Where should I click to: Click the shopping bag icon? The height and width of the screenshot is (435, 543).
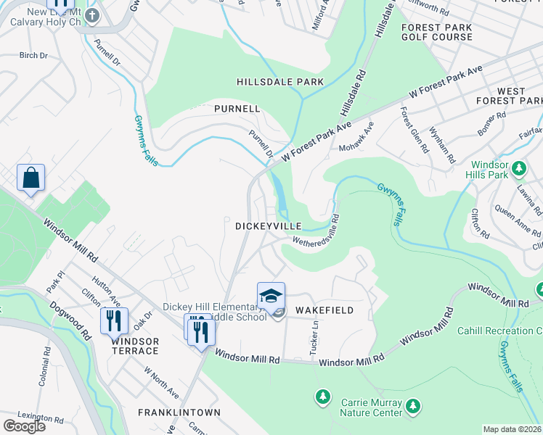tap(30, 178)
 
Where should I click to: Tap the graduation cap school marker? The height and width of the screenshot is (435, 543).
tap(271, 296)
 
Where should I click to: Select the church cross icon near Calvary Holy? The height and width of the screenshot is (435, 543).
tap(92, 15)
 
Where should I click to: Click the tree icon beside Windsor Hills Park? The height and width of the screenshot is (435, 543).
tap(518, 169)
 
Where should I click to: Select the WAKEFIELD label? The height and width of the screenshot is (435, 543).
tap(324, 310)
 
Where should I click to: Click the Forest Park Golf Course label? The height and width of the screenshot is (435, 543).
tap(436, 32)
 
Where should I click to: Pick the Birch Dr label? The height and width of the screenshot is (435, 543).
tap(33, 55)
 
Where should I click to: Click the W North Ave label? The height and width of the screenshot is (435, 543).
tap(161, 383)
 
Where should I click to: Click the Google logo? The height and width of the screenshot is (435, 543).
tap(24, 426)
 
